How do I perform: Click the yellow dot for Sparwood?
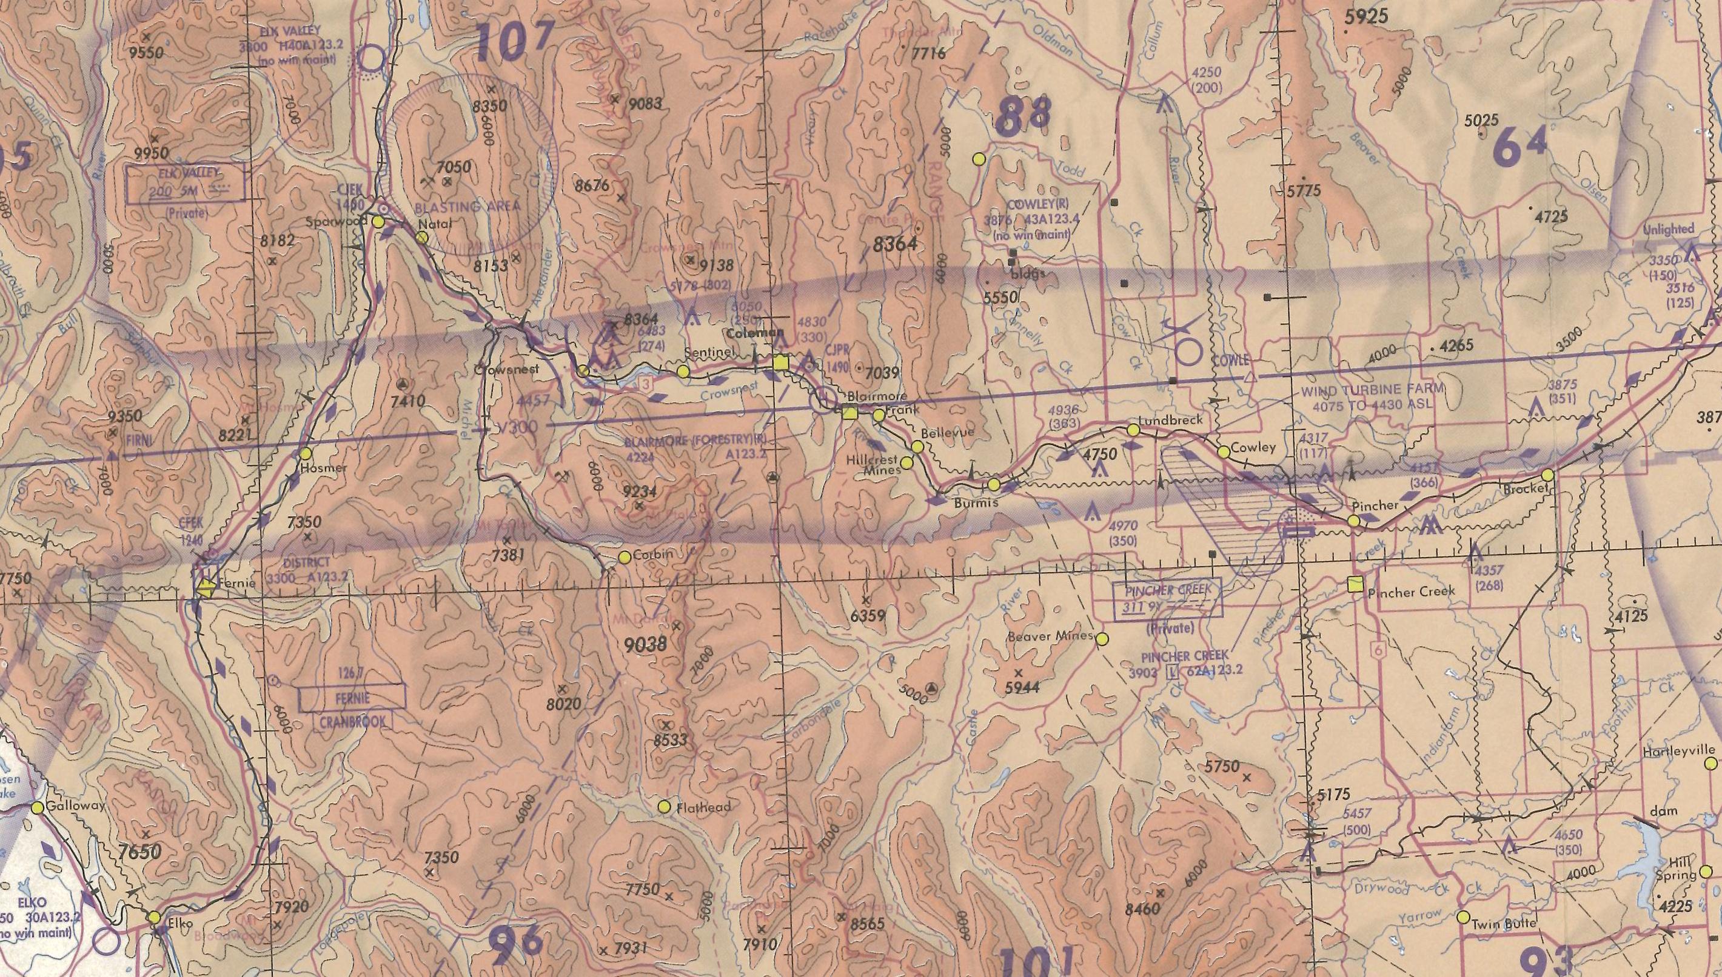click(x=378, y=221)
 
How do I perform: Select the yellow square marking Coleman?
click(x=780, y=363)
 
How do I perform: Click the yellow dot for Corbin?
click(x=624, y=556)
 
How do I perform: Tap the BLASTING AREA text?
click(x=467, y=207)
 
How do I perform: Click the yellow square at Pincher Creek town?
click(x=1356, y=584)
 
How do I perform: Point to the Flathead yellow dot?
click(x=665, y=807)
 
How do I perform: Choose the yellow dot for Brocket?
click(x=1547, y=475)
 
